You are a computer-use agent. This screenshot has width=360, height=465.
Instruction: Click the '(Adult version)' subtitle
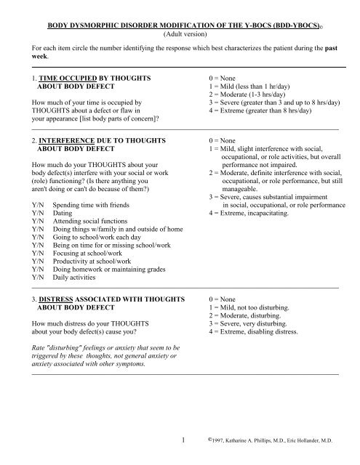[x=180, y=33]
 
